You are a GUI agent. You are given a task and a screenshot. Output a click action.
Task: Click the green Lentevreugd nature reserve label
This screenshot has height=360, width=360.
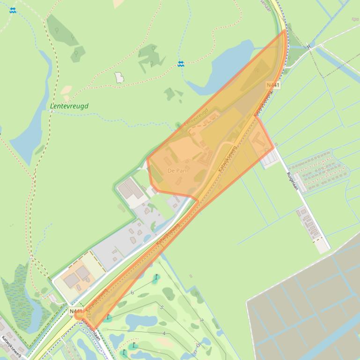[x=69, y=106]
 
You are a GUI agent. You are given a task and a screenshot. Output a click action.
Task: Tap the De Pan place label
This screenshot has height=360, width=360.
[x=177, y=171]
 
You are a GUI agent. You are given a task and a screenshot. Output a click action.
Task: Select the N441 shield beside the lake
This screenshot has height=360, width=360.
[x=273, y=85]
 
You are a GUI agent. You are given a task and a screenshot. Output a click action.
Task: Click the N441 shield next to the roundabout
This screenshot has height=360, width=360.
[x=75, y=311]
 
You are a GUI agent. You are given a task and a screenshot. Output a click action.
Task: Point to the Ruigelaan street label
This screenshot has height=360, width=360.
[x=292, y=180]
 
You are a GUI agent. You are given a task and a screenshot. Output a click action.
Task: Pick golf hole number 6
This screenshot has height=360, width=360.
[x=132, y=293]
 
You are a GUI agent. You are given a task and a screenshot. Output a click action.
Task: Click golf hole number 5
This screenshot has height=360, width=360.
[x=162, y=307]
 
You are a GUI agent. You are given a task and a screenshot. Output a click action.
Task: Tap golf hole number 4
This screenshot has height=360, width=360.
[x=164, y=333]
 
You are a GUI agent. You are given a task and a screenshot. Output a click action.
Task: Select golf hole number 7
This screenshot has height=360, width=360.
[x=201, y=320]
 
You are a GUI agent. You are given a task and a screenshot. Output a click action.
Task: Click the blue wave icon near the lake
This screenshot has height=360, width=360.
[x=181, y=64]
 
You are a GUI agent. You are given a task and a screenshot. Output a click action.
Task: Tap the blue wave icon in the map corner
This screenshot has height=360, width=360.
[x=13, y=10]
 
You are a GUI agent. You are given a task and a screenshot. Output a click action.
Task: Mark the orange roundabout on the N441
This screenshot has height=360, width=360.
[x=79, y=316]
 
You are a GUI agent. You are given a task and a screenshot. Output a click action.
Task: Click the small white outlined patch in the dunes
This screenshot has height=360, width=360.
[x=119, y=77]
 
